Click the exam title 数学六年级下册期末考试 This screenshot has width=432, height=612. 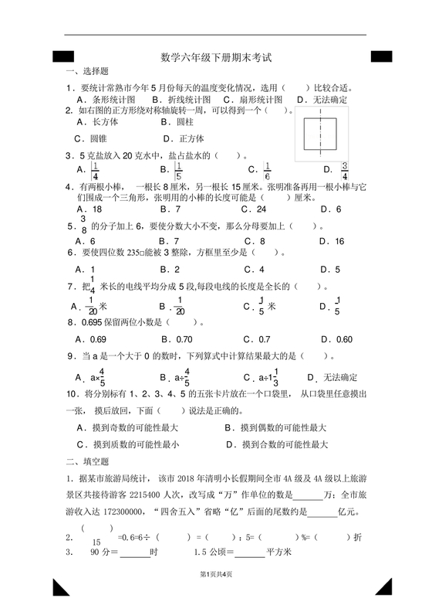217,57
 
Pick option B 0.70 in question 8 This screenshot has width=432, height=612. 177,339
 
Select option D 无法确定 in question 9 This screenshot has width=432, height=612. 332,378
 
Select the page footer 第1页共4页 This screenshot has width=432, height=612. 216,596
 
